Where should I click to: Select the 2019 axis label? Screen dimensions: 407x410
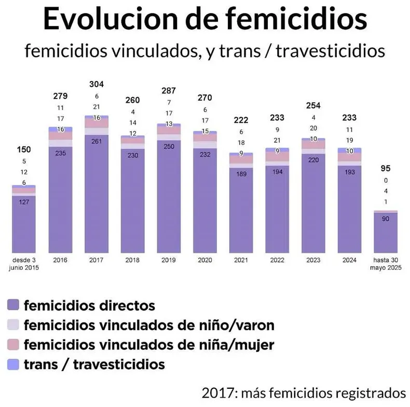[x=169, y=260]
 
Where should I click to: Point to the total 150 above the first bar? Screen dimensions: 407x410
[x=24, y=150]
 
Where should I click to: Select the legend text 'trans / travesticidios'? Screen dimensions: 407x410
[x=94, y=364]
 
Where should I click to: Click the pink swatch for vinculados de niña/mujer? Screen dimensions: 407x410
[x=15, y=344]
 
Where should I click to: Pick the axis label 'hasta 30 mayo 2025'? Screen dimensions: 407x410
[x=386, y=264]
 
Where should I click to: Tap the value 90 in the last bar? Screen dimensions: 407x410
[x=386, y=220]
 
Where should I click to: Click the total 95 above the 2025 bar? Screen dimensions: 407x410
[x=386, y=168]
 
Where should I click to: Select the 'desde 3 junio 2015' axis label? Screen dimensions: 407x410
[x=24, y=264]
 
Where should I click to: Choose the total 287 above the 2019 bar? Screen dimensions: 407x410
[x=169, y=91]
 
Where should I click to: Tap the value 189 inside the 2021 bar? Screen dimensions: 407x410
[x=241, y=174]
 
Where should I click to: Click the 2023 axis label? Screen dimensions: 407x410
[x=313, y=260]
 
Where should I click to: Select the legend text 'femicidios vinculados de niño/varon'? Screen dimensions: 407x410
[x=149, y=324]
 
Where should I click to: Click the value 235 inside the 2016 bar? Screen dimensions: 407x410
[x=60, y=153]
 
